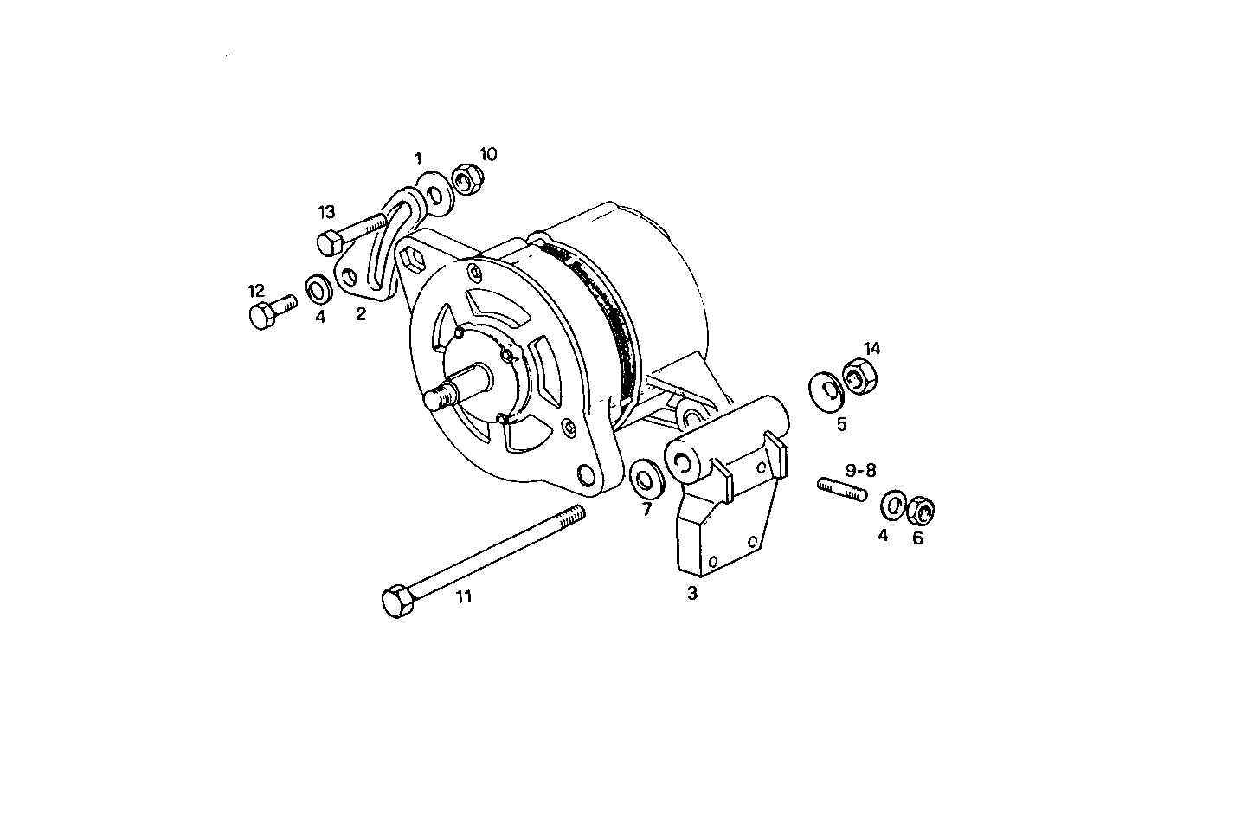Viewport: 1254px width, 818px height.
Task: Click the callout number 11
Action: click(464, 596)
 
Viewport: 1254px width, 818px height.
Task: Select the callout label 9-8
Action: click(861, 470)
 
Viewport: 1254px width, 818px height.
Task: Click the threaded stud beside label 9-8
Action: click(841, 489)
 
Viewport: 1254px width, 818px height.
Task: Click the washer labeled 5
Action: click(827, 390)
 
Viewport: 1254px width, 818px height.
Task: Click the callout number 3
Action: click(691, 594)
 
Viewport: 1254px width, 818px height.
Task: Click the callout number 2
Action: click(361, 314)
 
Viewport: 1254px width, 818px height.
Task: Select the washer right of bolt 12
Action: click(318, 287)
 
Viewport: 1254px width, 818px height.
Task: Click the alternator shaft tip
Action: click(435, 399)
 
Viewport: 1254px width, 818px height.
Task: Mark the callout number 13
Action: click(325, 212)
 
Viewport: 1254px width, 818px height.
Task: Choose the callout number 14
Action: click(871, 348)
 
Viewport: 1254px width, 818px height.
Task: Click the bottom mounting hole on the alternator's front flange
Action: click(588, 475)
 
